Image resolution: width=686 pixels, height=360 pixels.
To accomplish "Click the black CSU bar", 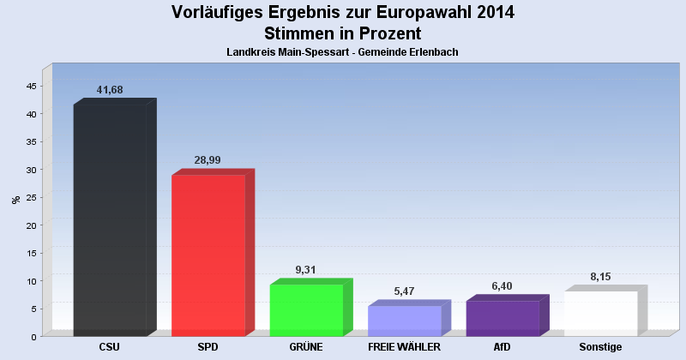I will [110, 220].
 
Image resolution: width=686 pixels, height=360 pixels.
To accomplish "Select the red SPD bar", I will [208, 255].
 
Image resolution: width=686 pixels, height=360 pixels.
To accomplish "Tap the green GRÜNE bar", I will [306, 309].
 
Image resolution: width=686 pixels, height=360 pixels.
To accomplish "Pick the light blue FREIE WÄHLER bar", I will [404, 321].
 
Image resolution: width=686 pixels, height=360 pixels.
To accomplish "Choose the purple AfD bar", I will [502, 318].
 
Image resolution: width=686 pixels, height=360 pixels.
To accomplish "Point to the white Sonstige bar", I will [600, 314].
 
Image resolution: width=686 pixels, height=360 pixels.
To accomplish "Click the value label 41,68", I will [111, 90].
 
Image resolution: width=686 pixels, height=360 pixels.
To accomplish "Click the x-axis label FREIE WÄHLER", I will [404, 347].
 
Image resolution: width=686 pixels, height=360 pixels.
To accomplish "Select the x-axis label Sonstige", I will [600, 347].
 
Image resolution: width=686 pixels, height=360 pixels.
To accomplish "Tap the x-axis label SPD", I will [208, 347].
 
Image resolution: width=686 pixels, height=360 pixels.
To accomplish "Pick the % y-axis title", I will [15, 200].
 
